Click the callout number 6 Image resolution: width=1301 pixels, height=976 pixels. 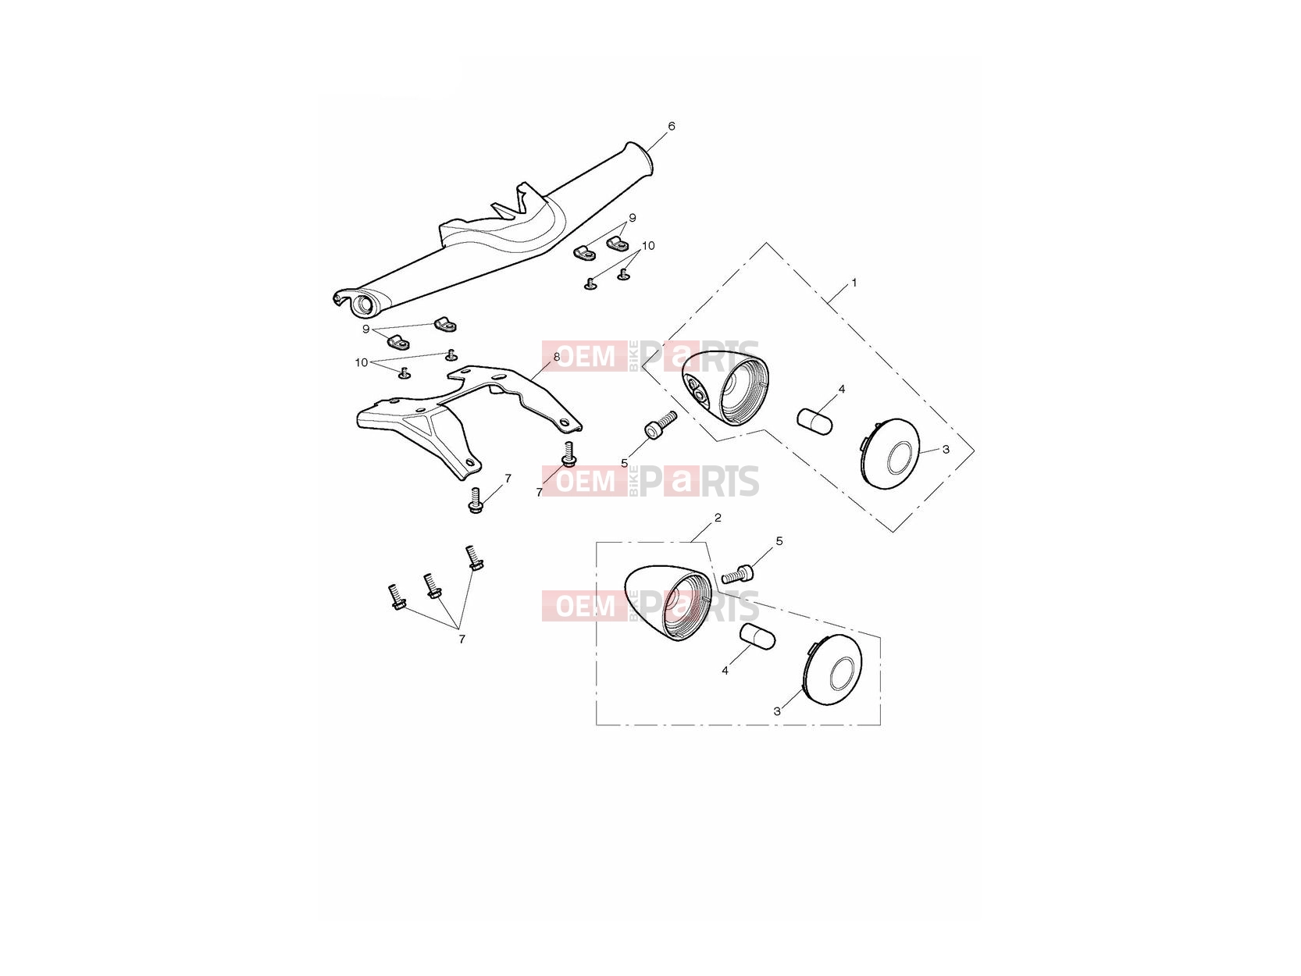[x=671, y=126]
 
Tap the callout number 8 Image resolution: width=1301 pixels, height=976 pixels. [x=557, y=357]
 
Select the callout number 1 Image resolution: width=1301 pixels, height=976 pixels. [x=854, y=283]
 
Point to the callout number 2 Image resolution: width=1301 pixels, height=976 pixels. [x=718, y=518]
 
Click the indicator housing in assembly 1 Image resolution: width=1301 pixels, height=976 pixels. [x=725, y=388]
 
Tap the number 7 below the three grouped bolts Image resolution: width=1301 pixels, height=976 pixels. [x=462, y=639]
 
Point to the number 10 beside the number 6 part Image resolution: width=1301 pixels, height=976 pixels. [x=648, y=245]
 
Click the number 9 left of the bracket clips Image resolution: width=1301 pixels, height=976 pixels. [x=365, y=329]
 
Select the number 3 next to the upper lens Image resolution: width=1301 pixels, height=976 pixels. [x=946, y=449]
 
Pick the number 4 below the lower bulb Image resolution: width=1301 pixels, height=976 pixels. [x=725, y=671]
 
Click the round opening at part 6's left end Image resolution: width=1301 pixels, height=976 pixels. [x=363, y=306]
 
